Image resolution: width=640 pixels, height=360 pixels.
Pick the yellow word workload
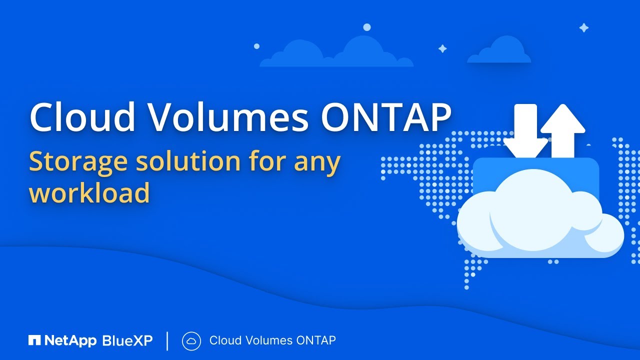(x=89, y=192)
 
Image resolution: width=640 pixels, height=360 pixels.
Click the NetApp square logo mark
(x=34, y=341)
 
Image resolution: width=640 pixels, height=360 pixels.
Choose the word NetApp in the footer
(x=70, y=341)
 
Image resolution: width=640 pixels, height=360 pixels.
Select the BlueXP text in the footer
(x=127, y=341)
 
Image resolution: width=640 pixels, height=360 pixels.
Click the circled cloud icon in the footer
(x=191, y=341)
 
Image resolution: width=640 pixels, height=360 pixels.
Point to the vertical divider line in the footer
(x=167, y=341)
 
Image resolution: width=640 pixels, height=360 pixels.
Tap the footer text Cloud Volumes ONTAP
(x=272, y=341)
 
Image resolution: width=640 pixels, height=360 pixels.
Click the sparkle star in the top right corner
(x=583, y=28)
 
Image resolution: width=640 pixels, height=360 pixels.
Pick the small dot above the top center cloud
(x=367, y=27)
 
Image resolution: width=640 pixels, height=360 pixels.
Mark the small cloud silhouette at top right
(x=499, y=51)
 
